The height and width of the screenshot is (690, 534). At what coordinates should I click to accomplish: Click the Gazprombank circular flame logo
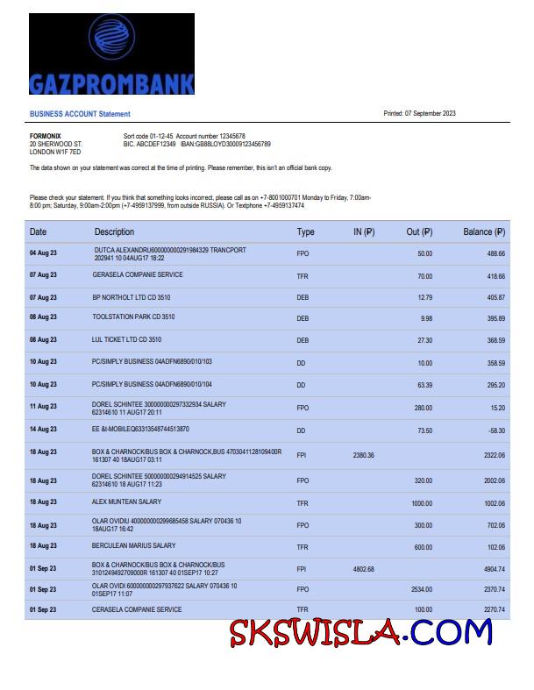point(111,39)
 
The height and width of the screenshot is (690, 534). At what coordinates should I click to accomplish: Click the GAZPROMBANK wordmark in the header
point(111,83)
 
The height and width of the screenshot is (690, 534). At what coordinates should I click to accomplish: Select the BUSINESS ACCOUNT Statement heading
point(80,114)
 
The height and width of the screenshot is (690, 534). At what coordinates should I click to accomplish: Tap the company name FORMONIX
point(46,136)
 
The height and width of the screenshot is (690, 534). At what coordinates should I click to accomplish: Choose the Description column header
point(114,232)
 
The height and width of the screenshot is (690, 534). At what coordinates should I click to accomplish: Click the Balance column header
point(484,232)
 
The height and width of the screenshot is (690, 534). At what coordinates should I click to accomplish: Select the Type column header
point(305,232)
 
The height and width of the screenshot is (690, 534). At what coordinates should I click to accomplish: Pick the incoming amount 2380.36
point(363,455)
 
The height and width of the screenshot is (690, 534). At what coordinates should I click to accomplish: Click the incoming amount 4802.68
point(363,569)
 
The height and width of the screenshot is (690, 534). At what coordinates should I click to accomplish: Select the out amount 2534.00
point(421,590)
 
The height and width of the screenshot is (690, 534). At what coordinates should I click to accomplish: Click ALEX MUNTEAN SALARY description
point(127,502)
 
